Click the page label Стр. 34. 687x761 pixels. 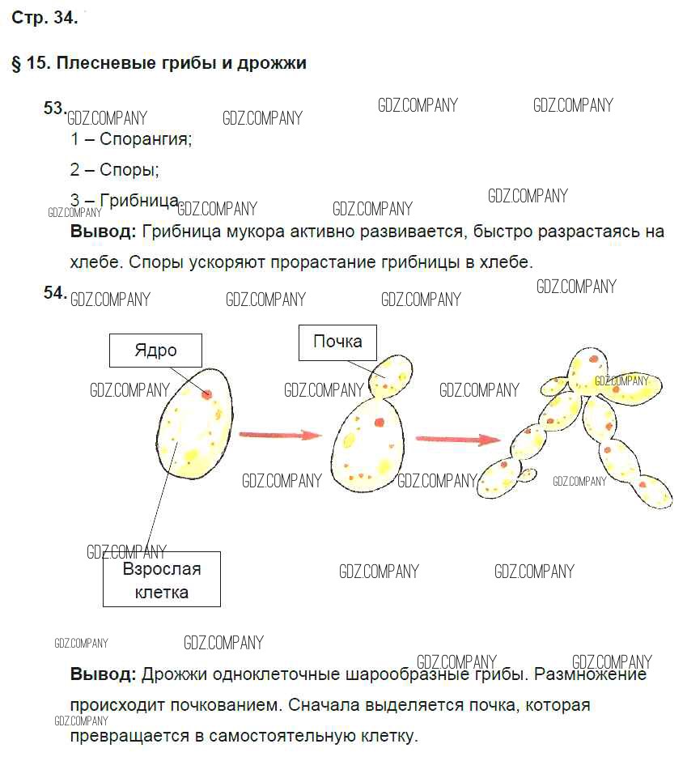click(x=45, y=19)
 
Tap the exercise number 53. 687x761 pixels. click(x=54, y=108)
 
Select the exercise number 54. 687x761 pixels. click(x=54, y=292)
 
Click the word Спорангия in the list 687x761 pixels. click(x=146, y=138)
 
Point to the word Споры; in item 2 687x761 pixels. click(x=129, y=169)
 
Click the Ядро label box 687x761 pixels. click(x=155, y=351)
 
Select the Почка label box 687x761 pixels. click(x=337, y=341)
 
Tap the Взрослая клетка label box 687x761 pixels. click(x=162, y=580)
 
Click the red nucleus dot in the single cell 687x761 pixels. click(x=207, y=394)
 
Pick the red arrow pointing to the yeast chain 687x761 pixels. click(x=458, y=439)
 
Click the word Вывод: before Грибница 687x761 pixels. click(x=104, y=232)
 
